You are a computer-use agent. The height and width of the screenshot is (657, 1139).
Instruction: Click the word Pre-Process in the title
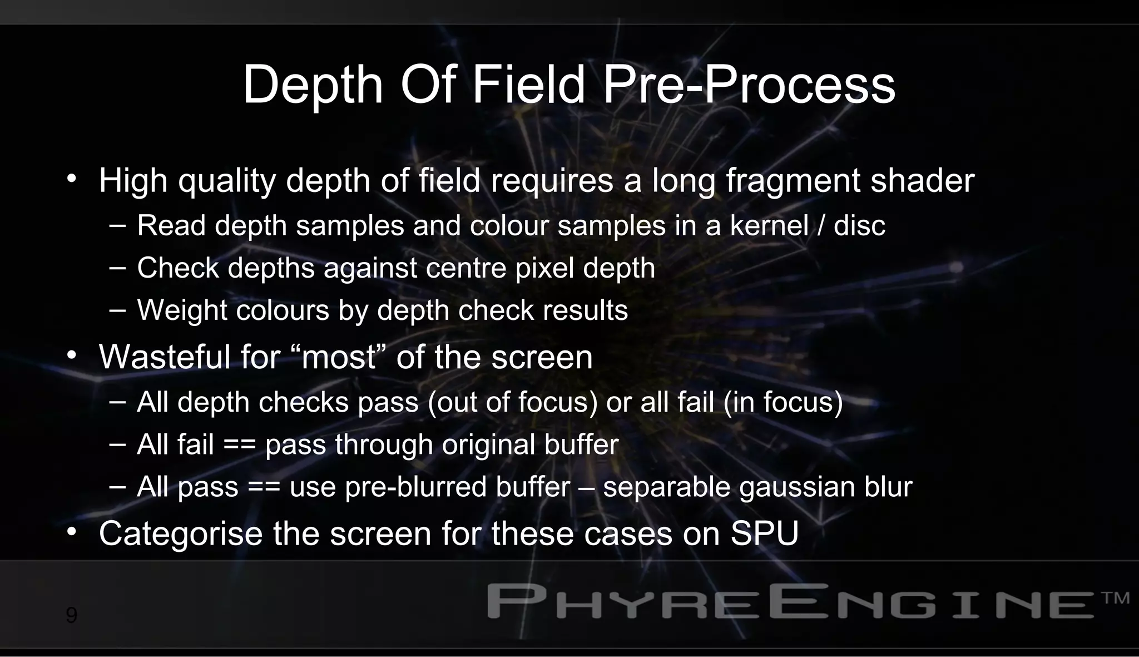749,85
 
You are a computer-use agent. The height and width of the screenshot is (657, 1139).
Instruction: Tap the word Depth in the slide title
313,85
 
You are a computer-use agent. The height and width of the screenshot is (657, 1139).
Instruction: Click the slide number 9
71,615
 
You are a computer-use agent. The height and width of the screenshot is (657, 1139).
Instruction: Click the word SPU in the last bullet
764,533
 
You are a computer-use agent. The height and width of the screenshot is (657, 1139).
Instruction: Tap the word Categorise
180,533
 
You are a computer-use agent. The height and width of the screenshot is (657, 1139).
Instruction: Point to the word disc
859,225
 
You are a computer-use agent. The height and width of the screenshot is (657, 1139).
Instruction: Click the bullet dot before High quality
71,179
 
